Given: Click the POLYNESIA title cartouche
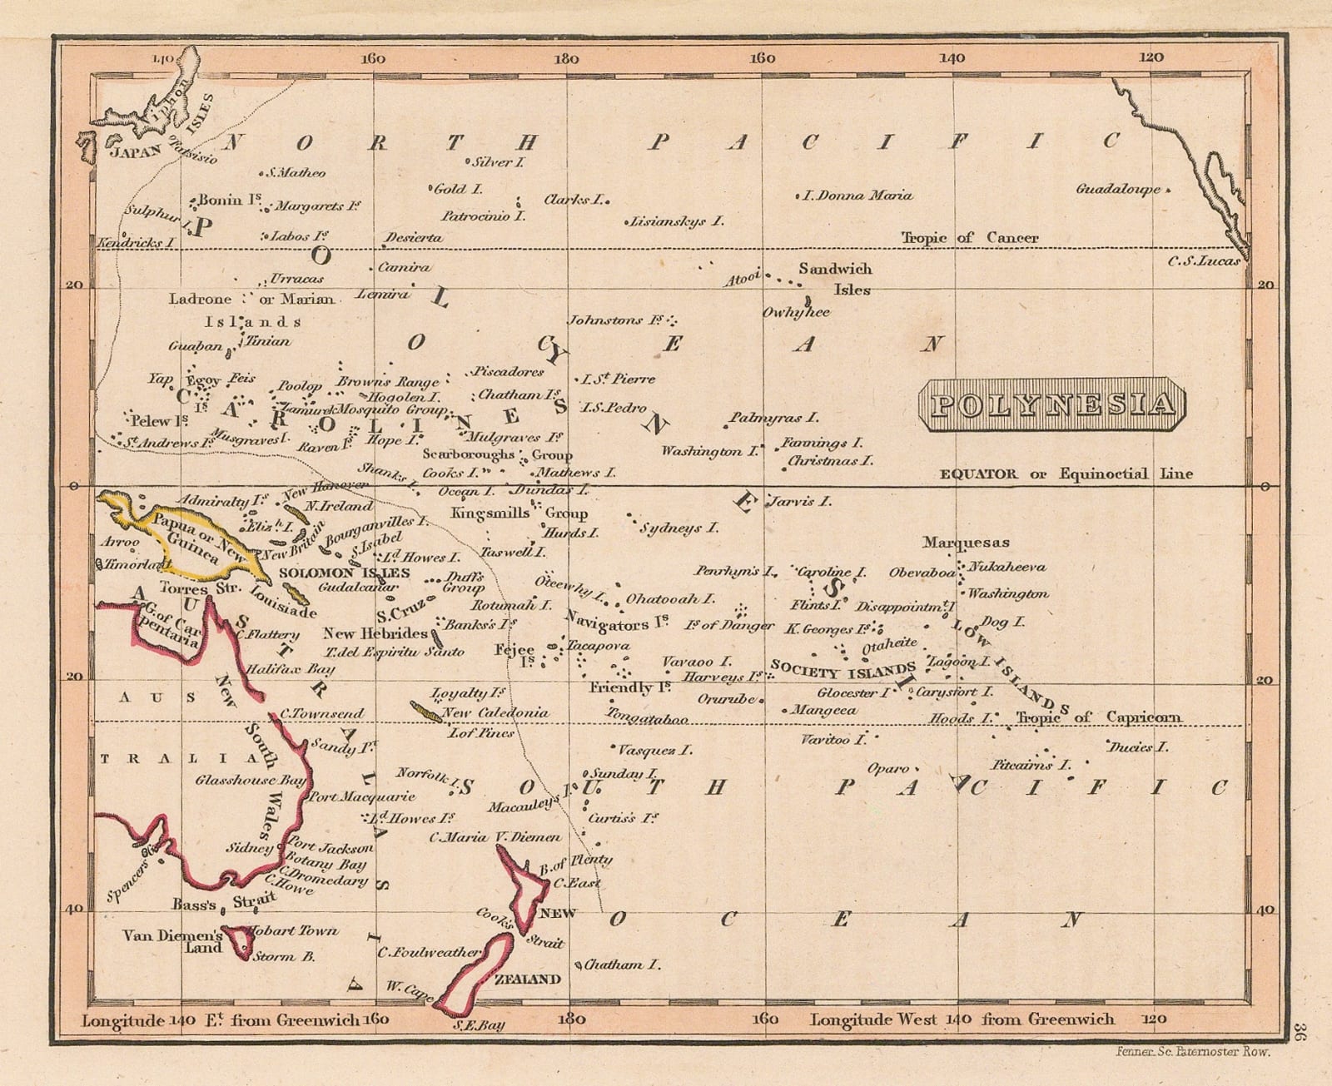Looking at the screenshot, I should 1052,404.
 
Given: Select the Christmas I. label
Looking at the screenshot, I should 830,460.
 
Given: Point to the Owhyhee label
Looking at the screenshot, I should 797,313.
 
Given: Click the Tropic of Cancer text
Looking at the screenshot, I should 970,238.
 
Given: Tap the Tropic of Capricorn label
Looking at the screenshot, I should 1098,717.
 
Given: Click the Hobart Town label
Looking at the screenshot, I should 293,930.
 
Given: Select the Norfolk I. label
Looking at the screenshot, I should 423,775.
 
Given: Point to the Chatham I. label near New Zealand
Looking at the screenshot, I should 623,965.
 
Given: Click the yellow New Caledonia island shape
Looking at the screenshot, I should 426,712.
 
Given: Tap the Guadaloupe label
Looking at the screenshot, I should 1118,189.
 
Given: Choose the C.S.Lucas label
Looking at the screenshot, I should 1203,261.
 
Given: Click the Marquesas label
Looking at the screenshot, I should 966,543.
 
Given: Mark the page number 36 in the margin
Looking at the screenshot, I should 1302,1031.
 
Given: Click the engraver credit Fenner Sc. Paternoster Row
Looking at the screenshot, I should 1192,1052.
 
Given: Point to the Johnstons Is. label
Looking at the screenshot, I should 617,320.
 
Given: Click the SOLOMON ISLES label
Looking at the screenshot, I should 344,573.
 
